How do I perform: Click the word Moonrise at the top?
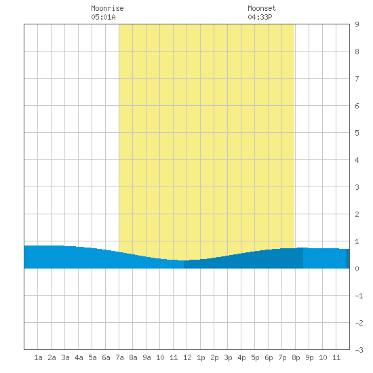tap(107, 8)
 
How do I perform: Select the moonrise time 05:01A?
tap(103, 17)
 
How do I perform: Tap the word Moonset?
tap(262, 8)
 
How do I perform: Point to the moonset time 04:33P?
tap(260, 17)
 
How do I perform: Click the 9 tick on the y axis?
tap(357, 24)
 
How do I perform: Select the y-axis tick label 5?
tap(357, 133)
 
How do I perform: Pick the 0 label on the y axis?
tap(357, 269)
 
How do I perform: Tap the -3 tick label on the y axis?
tap(359, 350)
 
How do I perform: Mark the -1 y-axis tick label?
tap(359, 296)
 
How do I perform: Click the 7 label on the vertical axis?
tap(357, 79)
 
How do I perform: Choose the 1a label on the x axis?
tap(38, 357)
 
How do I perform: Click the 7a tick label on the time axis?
tap(119, 357)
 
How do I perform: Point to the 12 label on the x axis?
tap(187, 357)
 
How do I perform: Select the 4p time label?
tap(241, 357)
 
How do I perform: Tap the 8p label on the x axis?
tap(296, 357)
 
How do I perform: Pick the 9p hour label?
tap(309, 357)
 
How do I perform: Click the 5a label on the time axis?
tap(92, 357)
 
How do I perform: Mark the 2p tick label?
tap(214, 357)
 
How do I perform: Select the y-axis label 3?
tap(357, 187)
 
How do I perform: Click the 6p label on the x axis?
tap(269, 357)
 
